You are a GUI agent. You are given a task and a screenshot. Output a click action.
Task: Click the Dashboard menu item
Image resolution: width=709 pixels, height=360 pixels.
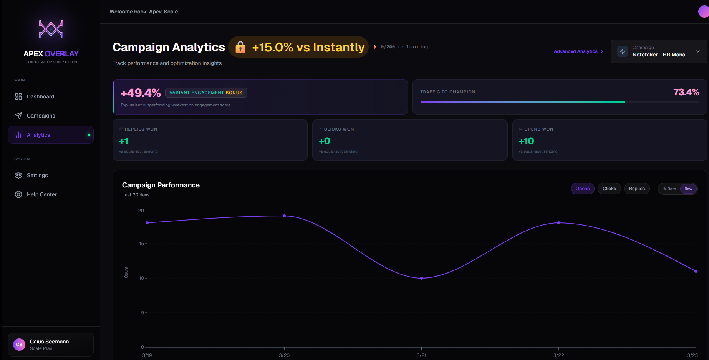[x=40, y=96]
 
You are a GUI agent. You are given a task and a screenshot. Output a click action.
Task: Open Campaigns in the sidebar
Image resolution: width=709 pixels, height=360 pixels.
[x=40, y=116]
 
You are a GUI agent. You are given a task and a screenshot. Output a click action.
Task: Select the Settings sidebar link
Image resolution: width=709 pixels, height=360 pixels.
[x=37, y=175]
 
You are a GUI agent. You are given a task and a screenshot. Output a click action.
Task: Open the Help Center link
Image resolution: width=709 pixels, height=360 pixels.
[x=41, y=194]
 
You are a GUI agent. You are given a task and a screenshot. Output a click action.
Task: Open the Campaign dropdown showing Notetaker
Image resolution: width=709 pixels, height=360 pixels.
[x=659, y=51]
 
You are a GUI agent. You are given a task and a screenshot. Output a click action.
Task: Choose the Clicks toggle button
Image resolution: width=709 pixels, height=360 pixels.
[x=609, y=189]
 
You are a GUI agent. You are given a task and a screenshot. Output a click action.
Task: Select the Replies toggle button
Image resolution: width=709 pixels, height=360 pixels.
[x=637, y=189]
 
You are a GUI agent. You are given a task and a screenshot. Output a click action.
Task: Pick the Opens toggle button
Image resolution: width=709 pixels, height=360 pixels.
[x=582, y=189]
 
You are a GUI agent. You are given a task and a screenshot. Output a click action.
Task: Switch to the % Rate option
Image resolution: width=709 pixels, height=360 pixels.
[x=669, y=189]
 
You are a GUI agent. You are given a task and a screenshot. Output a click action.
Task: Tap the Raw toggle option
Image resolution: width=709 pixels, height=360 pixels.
[x=688, y=189]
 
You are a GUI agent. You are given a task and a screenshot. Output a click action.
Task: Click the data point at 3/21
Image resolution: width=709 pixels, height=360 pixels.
[x=421, y=278]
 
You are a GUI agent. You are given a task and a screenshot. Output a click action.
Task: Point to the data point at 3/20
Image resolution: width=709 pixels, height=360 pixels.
[x=284, y=216]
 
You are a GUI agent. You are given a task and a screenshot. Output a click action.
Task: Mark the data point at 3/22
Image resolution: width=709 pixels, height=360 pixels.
[x=558, y=223]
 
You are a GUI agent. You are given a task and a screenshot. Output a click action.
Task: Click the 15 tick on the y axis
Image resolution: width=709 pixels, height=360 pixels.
[x=141, y=244]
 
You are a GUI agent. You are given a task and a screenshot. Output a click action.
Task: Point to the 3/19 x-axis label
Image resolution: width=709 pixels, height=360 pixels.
[x=147, y=355]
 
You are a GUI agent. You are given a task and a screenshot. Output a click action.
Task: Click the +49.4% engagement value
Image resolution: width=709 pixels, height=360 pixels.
[x=141, y=93]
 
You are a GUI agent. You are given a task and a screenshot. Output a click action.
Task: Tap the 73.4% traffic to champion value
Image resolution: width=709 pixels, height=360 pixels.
[x=686, y=92]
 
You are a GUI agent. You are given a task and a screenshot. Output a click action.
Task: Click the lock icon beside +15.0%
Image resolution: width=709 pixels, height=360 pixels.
[x=240, y=47]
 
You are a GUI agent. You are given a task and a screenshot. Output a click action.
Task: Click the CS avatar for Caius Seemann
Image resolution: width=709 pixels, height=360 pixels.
[x=19, y=345]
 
